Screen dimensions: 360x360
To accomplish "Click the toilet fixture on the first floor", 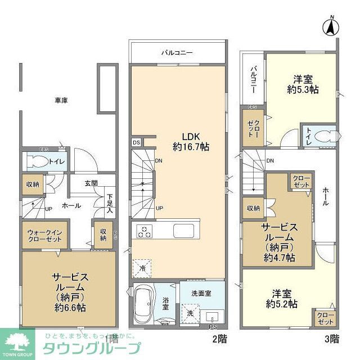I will (40, 162).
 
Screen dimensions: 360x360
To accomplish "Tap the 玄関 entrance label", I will (92, 183).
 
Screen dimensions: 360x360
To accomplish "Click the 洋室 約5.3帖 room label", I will (303, 84).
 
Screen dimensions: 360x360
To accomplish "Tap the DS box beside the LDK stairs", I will (136, 143).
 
